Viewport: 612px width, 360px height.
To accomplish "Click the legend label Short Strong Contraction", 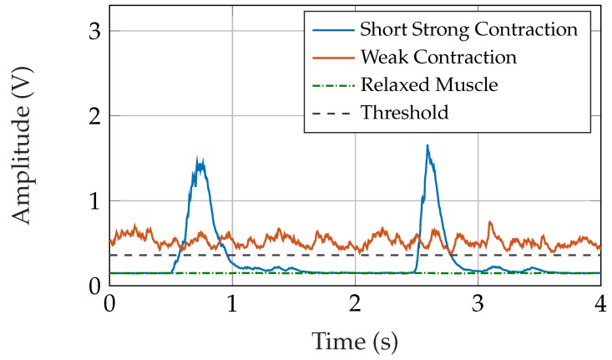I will pos(468,30).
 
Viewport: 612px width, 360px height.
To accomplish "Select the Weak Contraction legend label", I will pos(438,58).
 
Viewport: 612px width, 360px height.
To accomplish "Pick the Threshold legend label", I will pos(404,112).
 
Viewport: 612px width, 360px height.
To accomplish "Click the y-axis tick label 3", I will pos(94,31).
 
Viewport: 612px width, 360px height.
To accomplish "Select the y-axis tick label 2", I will pos(94,116).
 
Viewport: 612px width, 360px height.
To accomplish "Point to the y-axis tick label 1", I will pos(94,201).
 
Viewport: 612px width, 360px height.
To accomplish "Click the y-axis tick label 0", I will pos(94,286).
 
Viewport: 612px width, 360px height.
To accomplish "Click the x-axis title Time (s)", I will pos(355,341).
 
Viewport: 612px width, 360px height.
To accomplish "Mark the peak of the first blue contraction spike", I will pos(198,156).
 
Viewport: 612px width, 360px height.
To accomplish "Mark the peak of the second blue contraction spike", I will pos(427,145).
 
